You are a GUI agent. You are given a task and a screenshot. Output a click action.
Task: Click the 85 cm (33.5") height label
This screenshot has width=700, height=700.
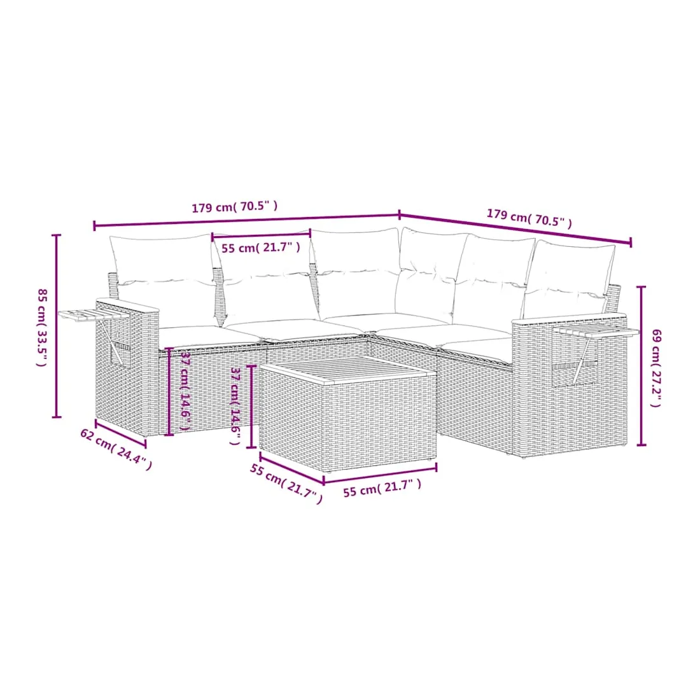(42, 328)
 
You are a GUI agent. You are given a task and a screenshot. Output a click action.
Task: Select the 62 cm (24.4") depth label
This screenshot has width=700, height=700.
(116, 449)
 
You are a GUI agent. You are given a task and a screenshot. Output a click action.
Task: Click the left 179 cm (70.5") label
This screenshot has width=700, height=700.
(235, 207)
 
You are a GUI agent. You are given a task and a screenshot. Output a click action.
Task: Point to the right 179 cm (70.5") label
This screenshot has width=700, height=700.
(529, 218)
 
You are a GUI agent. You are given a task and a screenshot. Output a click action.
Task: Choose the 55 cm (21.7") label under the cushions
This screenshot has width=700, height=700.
(261, 248)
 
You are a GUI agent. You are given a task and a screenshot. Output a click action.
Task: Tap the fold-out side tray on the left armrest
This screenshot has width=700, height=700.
(94, 315)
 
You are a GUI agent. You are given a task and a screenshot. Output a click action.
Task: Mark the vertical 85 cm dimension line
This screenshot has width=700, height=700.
(56, 326)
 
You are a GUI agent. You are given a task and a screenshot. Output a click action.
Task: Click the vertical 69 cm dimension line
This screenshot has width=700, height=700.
(641, 366)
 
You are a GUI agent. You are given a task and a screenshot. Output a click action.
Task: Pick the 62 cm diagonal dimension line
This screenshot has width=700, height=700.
(120, 433)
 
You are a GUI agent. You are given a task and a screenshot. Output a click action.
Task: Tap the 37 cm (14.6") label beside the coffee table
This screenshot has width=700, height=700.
(235, 406)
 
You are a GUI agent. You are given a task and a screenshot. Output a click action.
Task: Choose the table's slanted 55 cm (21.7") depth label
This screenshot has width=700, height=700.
(286, 484)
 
